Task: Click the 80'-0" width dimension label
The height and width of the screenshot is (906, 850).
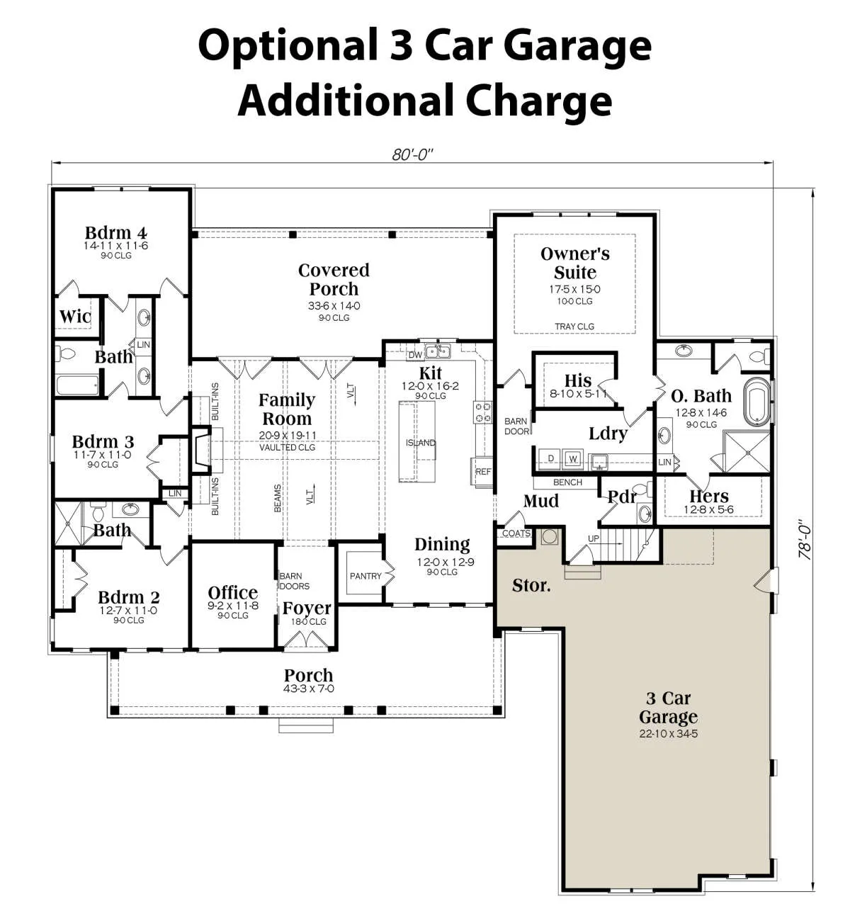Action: (x=412, y=154)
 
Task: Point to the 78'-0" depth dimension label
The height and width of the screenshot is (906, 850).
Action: (x=805, y=540)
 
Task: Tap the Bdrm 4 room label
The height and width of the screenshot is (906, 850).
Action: (x=116, y=232)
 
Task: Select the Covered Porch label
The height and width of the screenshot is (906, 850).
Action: (x=334, y=279)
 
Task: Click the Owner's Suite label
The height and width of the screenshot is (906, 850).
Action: (x=575, y=263)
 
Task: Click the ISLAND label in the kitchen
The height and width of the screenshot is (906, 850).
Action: (x=421, y=443)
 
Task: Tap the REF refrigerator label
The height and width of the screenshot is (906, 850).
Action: (x=482, y=472)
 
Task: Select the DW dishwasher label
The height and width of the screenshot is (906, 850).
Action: (x=415, y=355)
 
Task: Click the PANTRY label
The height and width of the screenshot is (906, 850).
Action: (x=365, y=576)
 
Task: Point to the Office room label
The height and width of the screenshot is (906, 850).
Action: (x=233, y=593)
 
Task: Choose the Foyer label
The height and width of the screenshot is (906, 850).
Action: (x=307, y=608)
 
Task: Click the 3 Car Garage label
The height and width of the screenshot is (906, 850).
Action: (x=669, y=707)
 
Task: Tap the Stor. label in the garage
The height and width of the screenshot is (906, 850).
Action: (x=531, y=585)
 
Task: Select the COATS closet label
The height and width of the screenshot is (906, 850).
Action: (x=516, y=533)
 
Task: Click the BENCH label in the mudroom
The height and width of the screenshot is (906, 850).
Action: (x=567, y=482)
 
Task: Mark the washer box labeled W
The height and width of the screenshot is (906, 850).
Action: (x=572, y=459)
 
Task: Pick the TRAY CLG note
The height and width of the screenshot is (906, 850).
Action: (x=574, y=326)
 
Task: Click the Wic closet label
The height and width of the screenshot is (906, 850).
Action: (x=75, y=316)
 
